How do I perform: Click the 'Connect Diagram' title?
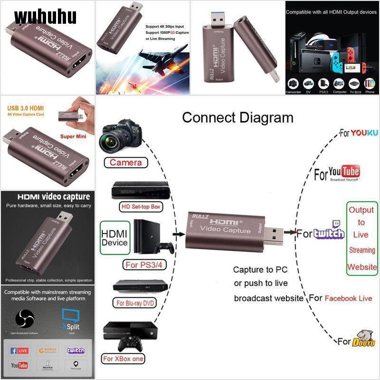click(x=237, y=117)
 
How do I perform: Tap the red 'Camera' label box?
click(x=126, y=162)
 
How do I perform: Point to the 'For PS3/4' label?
click(x=144, y=265)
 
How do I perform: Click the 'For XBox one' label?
click(x=123, y=359)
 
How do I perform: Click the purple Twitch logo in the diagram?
click(x=329, y=232)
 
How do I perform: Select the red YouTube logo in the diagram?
click(x=344, y=172)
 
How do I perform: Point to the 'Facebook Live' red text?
click(x=348, y=298)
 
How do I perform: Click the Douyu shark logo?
click(x=364, y=339)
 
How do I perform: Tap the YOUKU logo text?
click(x=365, y=133)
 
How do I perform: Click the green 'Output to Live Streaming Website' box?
click(x=361, y=238)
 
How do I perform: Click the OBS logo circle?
click(x=25, y=319)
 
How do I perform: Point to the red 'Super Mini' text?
click(x=73, y=136)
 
